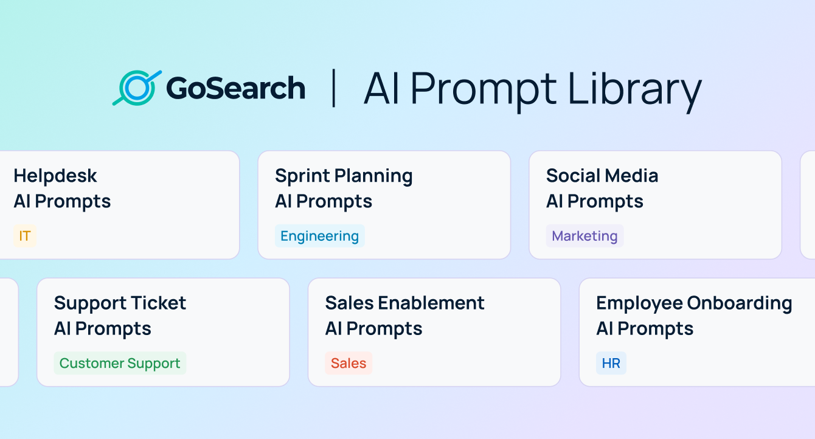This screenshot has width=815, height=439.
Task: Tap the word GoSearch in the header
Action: [235, 89]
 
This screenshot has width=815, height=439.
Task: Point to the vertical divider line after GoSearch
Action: [333, 89]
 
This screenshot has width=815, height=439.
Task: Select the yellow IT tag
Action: [25, 236]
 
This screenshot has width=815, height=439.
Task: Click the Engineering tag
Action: [319, 236]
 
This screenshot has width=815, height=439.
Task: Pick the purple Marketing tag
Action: [584, 236]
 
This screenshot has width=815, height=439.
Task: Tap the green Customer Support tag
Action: [120, 363]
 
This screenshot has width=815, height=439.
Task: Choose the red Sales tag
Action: [349, 363]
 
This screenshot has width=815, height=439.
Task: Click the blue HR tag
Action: [611, 363]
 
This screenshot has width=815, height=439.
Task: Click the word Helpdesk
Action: [55, 176]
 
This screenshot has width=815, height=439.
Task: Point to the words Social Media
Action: [602, 176]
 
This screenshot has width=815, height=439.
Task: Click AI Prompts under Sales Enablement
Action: [373, 328]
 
